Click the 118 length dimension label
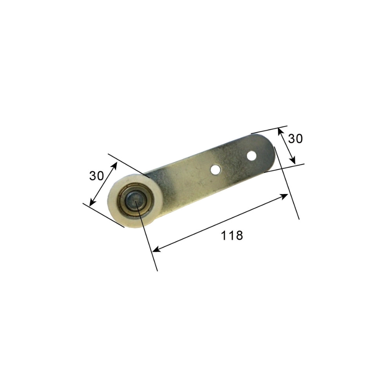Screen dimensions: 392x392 point(232,235)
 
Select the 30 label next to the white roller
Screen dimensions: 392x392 point(96,176)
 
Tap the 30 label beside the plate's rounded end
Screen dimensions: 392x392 point(295,138)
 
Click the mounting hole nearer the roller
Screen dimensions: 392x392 point(215,169)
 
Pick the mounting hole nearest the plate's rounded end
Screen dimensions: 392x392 point(251,156)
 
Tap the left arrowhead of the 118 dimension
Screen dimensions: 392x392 point(155,249)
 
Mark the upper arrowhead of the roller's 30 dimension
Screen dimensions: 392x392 point(115,165)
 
